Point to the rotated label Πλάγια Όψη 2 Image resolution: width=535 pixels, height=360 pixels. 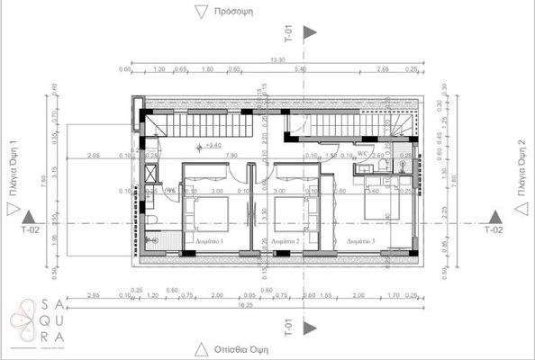click(521, 169)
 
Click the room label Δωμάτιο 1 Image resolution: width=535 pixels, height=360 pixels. click(209, 242)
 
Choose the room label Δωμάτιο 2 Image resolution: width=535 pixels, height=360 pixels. click(286, 242)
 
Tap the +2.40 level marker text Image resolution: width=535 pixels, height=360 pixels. click(213, 145)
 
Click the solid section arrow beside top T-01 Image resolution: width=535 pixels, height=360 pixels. click(311, 32)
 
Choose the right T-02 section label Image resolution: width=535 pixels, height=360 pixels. click(494, 230)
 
